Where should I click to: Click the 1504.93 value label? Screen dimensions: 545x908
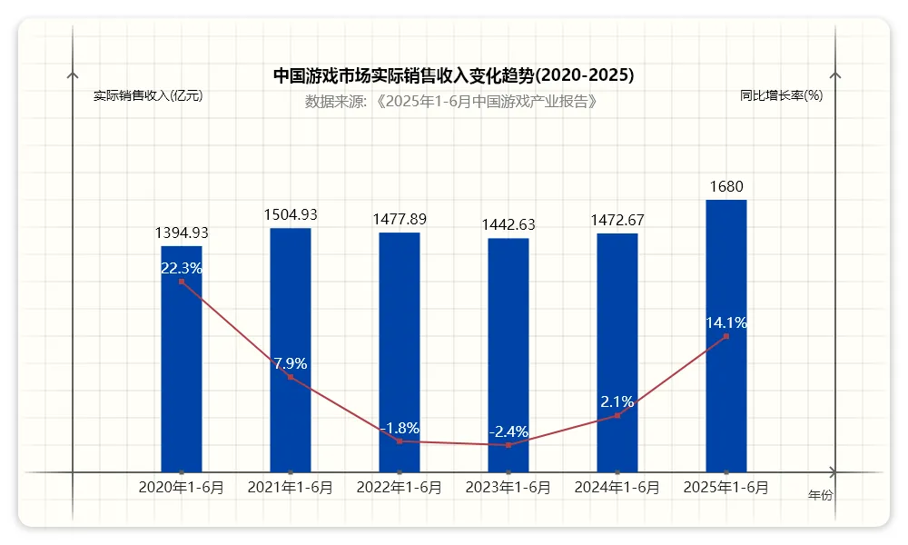click(291, 215)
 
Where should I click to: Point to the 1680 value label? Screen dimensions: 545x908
click(726, 187)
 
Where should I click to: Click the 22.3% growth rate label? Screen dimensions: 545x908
click(182, 268)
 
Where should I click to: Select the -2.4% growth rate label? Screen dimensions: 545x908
click(508, 431)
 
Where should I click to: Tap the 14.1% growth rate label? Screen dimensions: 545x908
click(726, 322)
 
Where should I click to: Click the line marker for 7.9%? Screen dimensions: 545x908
click(291, 377)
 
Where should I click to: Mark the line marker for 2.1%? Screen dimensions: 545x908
click(617, 415)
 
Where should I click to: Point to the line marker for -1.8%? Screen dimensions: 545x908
click(400, 441)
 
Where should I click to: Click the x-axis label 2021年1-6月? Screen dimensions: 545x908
click(291, 488)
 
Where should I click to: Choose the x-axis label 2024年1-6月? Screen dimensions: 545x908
click(617, 488)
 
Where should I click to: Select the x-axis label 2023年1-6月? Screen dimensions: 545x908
click(508, 488)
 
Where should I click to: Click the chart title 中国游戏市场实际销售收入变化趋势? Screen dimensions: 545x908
click(454, 75)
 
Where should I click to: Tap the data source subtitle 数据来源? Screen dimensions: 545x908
click(452, 101)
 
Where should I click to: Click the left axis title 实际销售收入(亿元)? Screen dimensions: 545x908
click(148, 95)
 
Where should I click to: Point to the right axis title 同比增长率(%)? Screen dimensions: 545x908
click(781, 95)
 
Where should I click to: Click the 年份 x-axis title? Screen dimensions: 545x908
click(820, 496)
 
